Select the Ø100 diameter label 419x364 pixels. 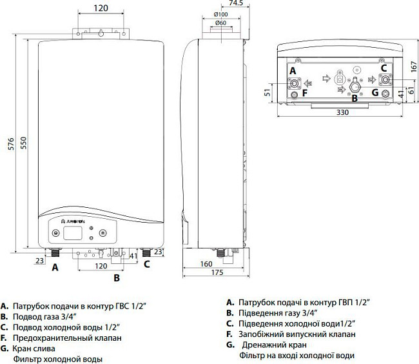tap(220, 14)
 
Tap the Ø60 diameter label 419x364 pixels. tap(220, 24)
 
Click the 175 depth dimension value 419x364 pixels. tap(216, 274)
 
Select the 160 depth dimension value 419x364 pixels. tap(206, 263)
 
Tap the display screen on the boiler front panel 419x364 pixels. tap(75, 232)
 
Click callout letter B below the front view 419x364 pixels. tap(117, 278)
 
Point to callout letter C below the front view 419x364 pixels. tap(146, 263)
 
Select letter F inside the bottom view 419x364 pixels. tap(306, 93)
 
